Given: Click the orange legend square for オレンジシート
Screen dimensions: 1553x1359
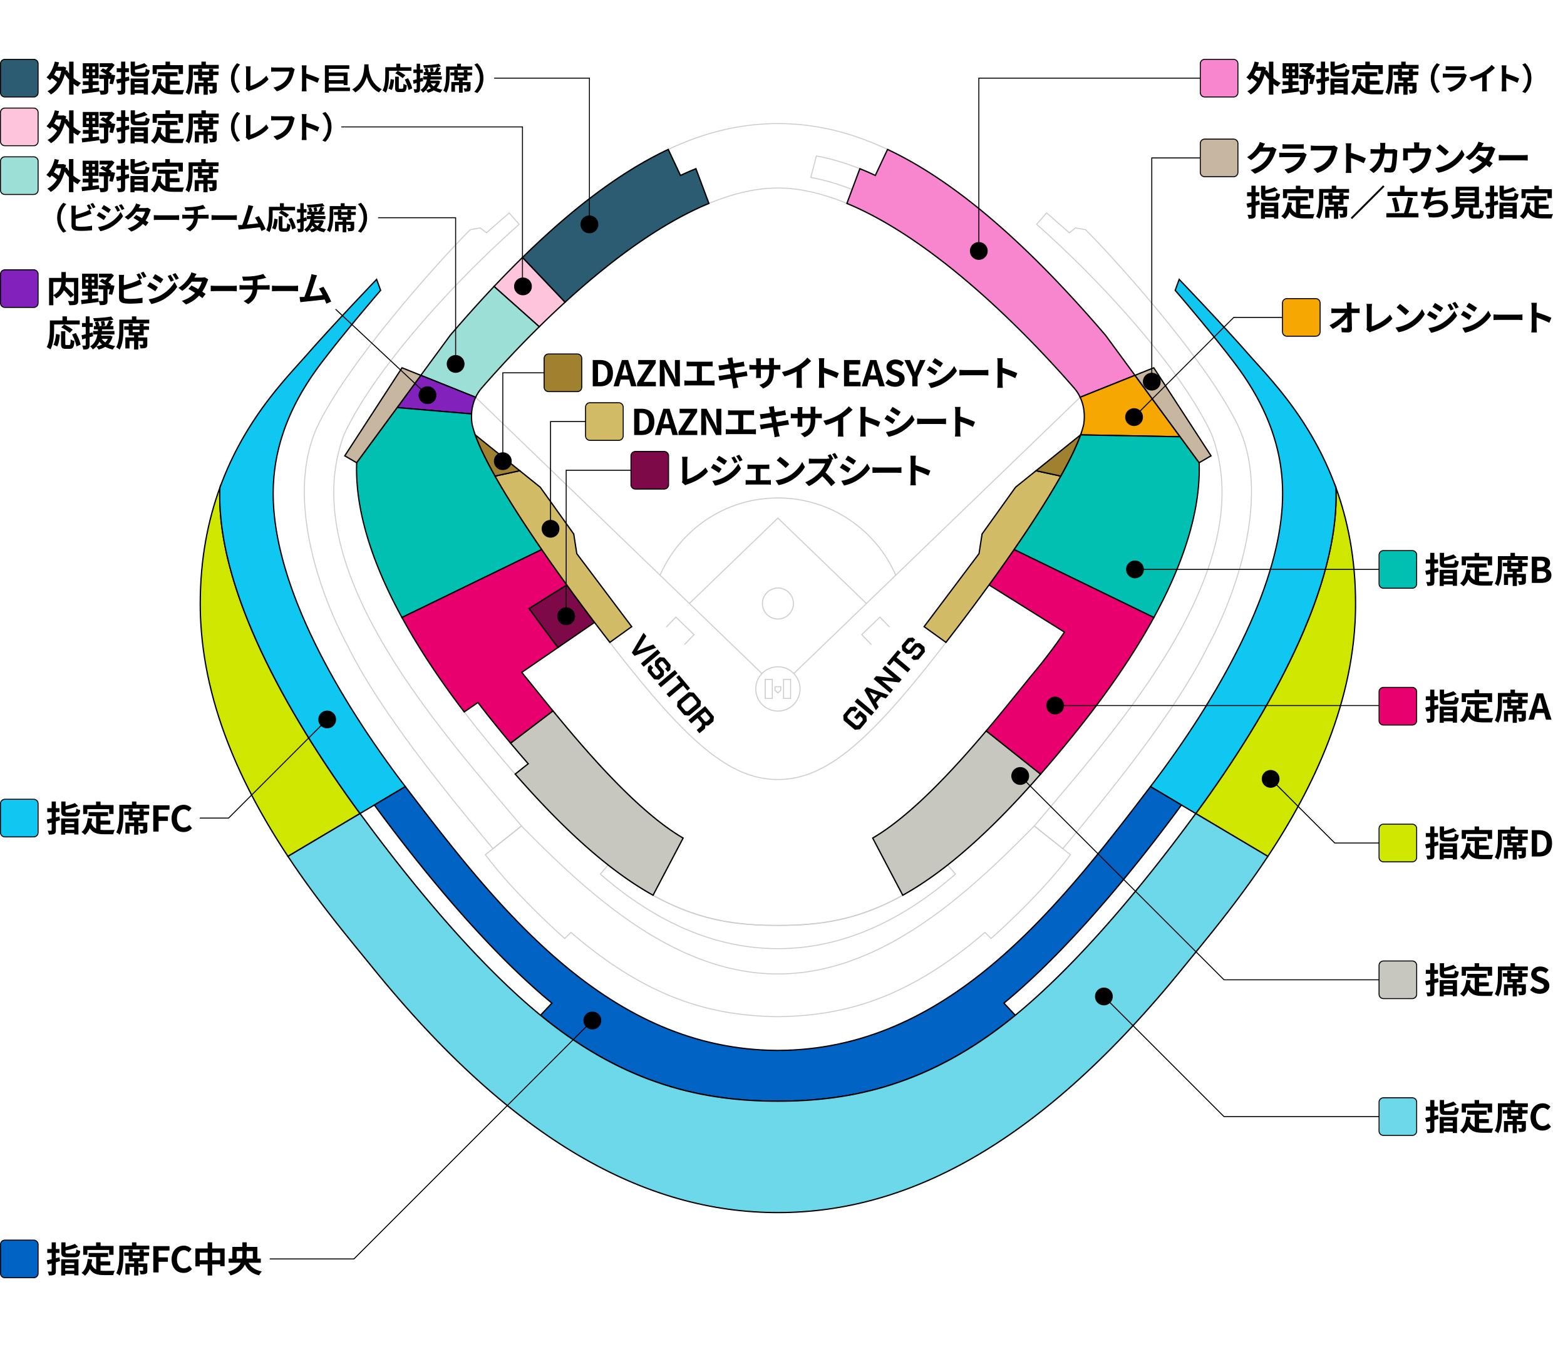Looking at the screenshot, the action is click(1301, 318).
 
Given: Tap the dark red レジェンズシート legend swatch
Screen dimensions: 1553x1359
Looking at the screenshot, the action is click(650, 470).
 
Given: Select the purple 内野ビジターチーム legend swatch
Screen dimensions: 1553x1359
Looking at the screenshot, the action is click(19, 289).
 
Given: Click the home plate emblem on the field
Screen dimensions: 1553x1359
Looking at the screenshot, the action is click(778, 689).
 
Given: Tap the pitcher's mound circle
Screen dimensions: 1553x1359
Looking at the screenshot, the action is click(777, 604).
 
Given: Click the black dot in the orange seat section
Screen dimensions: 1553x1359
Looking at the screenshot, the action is click(1135, 417).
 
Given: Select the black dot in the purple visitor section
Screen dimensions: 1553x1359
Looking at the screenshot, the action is click(428, 395).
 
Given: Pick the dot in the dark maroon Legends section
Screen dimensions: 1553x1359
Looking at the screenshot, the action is click(565, 615).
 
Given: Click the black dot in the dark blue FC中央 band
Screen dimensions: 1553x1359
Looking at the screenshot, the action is click(593, 1021).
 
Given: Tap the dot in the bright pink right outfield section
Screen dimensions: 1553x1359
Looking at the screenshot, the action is click(979, 251).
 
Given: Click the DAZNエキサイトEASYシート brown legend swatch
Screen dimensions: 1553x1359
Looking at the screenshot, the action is click(563, 373).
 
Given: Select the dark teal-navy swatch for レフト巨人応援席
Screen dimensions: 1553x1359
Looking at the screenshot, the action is click(19, 78).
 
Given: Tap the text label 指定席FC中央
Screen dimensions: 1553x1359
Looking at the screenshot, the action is click(154, 1259).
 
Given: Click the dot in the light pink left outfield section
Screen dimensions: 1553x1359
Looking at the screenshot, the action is click(522, 287).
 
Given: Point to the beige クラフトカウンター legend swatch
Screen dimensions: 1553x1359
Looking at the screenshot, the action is click(1219, 158).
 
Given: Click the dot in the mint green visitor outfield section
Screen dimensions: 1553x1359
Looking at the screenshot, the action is click(456, 364).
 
